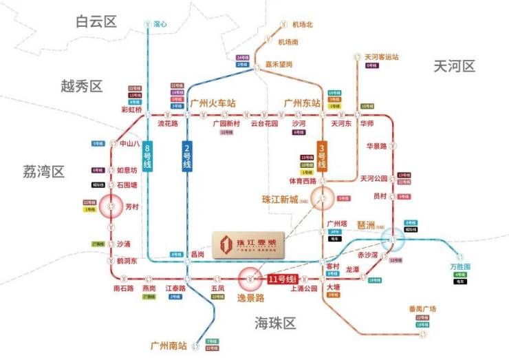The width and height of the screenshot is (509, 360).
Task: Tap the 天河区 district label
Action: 455,66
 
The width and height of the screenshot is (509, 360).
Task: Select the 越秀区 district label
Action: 81,86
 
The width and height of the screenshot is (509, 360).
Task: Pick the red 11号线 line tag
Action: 280,279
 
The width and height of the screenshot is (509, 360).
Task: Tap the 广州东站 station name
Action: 303,103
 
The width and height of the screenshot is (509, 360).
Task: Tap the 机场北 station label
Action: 302,24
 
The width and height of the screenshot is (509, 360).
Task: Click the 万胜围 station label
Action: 459,266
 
